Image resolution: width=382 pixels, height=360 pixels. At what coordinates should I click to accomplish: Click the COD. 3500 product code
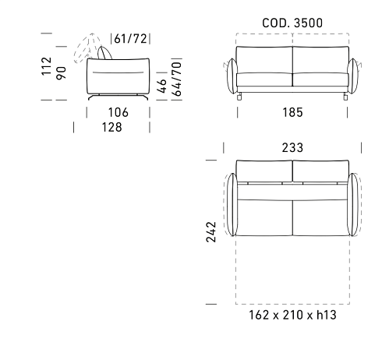click(x=292, y=23)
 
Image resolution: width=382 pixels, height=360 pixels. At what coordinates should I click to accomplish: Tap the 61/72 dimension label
click(x=130, y=39)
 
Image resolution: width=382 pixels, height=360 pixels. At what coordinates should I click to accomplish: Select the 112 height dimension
click(x=47, y=66)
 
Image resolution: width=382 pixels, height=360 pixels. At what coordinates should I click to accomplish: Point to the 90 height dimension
click(x=62, y=73)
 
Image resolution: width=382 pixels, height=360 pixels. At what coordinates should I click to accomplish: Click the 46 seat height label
click(x=161, y=86)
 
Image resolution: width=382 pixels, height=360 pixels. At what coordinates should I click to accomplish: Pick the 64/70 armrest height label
click(x=177, y=79)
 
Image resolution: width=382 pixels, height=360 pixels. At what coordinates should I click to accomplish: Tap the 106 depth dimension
click(x=118, y=112)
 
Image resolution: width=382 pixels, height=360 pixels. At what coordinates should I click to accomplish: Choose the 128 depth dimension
click(x=111, y=127)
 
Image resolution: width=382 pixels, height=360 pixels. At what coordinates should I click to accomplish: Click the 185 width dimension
click(x=292, y=112)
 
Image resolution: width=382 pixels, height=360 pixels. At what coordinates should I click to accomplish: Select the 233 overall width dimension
click(x=292, y=147)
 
